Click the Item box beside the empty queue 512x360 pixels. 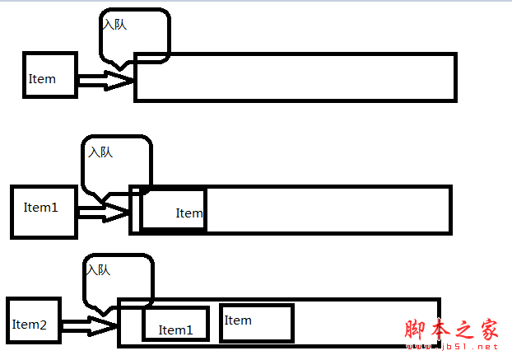[50, 75]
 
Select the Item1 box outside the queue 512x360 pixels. [44, 212]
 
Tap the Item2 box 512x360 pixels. [34, 320]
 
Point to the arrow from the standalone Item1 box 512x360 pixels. [103, 213]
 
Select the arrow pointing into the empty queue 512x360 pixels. [105, 80]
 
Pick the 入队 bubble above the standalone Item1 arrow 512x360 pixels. [117, 165]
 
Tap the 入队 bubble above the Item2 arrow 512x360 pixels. [119, 283]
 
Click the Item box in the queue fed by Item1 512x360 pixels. [173, 210]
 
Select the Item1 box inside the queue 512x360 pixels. [175, 323]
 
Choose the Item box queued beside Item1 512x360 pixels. [256, 322]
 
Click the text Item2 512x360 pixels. [30, 325]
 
